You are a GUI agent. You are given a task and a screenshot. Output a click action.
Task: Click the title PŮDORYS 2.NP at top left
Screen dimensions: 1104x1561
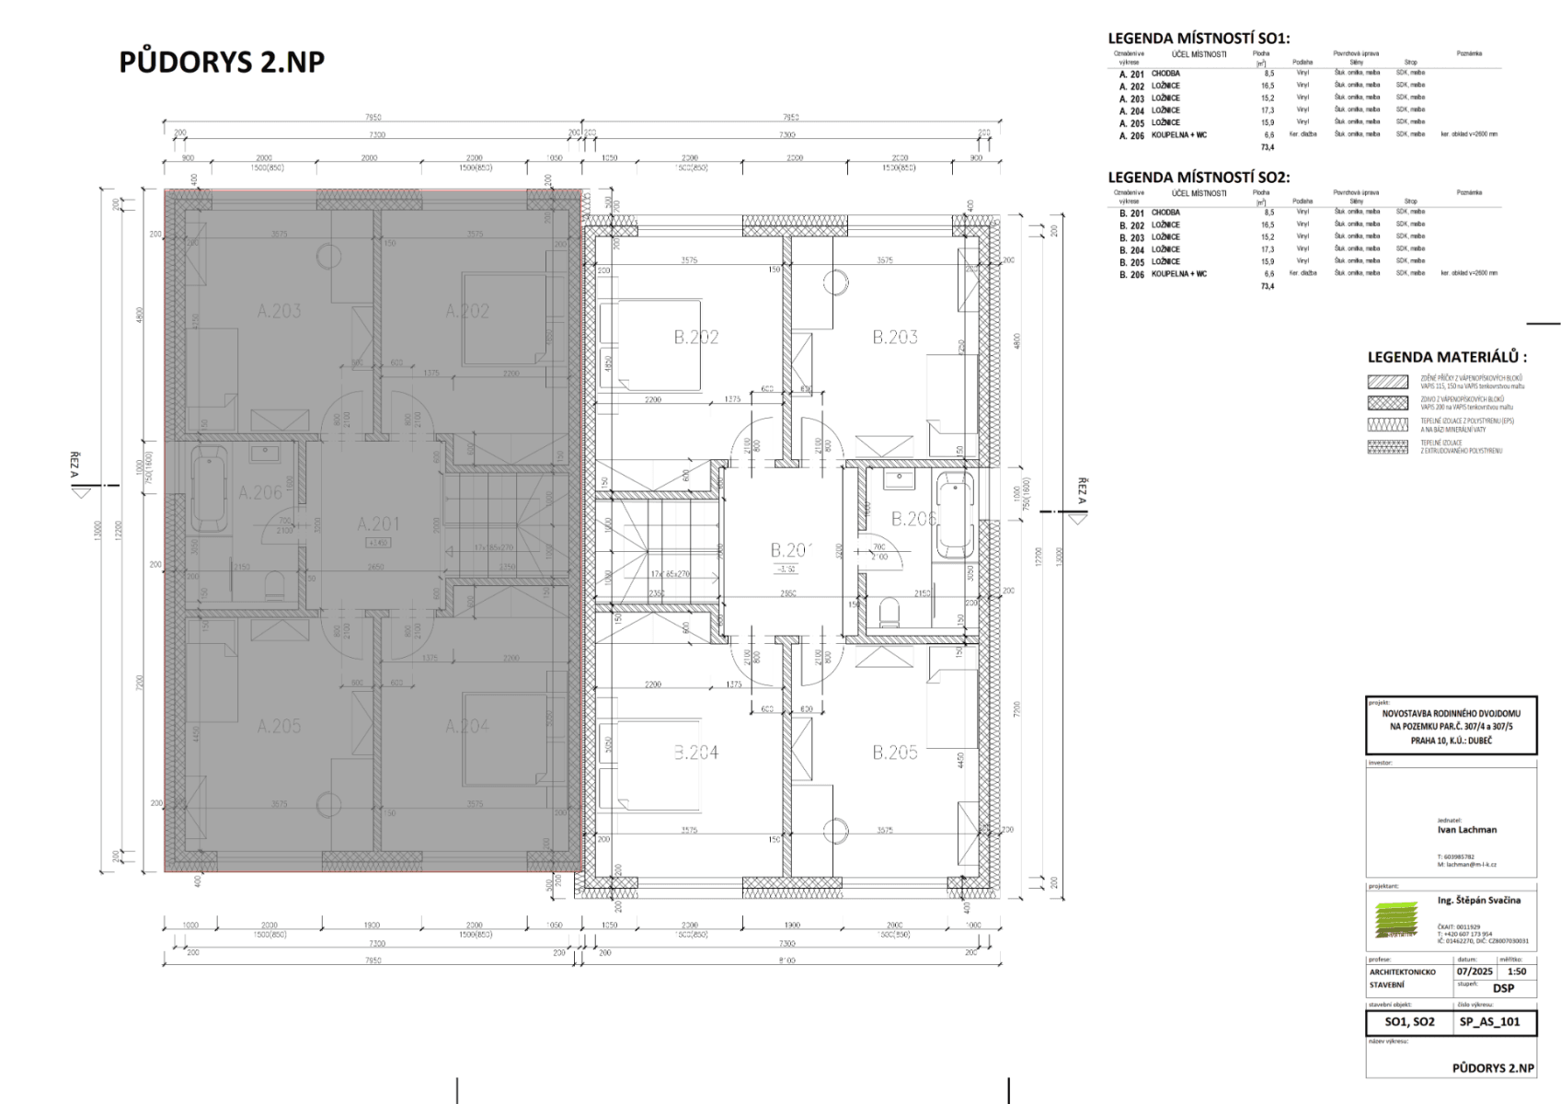(x=222, y=62)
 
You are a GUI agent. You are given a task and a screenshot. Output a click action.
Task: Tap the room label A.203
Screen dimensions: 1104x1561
(x=279, y=311)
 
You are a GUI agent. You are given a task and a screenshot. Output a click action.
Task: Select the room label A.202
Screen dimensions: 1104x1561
(x=467, y=311)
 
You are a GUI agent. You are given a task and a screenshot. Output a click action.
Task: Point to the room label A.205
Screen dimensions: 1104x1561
(x=279, y=726)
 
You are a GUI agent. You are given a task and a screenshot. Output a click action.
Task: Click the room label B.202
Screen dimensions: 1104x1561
(x=695, y=338)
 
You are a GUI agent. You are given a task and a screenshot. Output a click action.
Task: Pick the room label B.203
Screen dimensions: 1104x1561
(x=894, y=338)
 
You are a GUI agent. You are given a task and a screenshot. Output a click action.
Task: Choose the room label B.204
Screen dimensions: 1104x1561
(x=695, y=753)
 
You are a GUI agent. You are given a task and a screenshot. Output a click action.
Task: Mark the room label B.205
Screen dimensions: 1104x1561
(x=894, y=753)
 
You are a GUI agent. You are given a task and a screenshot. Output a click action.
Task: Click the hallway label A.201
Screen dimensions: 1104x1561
(x=379, y=523)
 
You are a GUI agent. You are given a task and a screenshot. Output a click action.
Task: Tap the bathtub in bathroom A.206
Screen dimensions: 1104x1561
(x=210, y=488)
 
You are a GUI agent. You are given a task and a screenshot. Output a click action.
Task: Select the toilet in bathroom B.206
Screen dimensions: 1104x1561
(x=888, y=611)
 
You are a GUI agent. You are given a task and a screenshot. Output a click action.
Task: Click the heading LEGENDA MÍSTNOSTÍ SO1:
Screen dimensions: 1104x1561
(x=1199, y=39)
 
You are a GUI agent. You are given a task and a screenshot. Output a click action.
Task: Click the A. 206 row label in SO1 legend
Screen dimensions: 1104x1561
(x=1131, y=135)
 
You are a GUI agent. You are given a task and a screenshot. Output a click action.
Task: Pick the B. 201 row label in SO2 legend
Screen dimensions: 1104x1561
(x=1131, y=213)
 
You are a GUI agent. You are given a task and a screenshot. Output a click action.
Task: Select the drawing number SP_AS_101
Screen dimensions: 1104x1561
(x=1489, y=1021)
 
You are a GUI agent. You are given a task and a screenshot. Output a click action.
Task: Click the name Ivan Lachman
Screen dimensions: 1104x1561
(x=1466, y=829)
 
